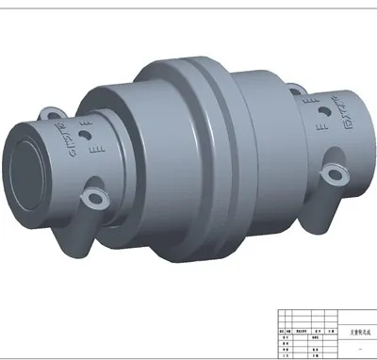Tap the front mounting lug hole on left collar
coord(92,199)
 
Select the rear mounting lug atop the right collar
coord(294,91)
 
